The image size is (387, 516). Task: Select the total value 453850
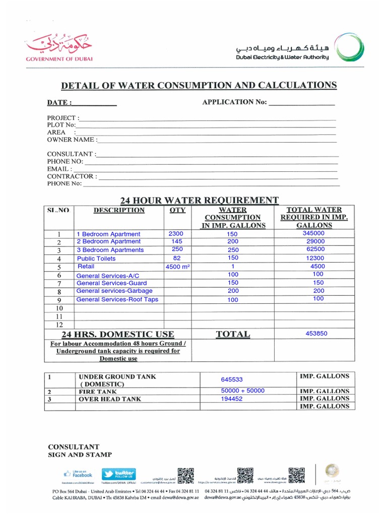pos(316,334)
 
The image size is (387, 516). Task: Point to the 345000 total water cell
pos(313,233)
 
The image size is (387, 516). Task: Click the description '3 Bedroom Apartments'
pos(110,250)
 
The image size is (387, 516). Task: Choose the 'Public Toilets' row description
pos(96,259)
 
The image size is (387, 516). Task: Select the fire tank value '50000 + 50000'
pos(243,391)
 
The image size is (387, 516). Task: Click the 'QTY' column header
pos(177,211)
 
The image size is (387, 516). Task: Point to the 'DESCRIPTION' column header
pos(119,211)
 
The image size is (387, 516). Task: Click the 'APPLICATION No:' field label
pos(234,102)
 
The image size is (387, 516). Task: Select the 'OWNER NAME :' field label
pos(72,140)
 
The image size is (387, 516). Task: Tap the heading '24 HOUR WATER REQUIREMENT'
pos(199,200)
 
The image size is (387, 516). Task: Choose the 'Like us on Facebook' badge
pos(78,474)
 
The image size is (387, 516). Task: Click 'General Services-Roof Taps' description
pos(117,299)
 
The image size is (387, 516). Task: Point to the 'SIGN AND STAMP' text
pos(80,455)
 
